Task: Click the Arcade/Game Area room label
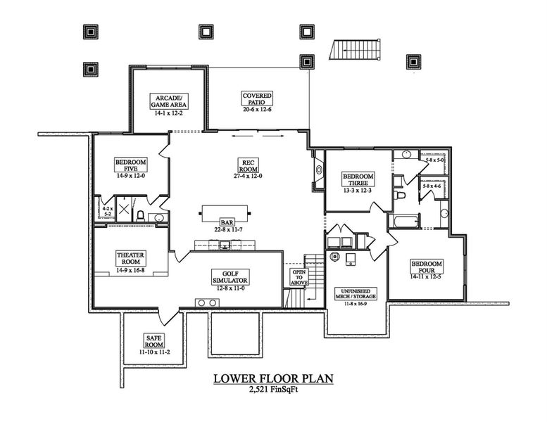click(x=168, y=101)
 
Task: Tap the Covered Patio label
click(x=257, y=99)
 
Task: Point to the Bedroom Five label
click(x=130, y=165)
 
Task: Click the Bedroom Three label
click(x=358, y=179)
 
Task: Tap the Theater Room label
click(x=130, y=258)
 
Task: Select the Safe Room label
click(x=153, y=340)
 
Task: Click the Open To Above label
click(x=298, y=276)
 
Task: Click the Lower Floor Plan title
click(x=273, y=378)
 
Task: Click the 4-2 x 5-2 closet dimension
click(x=107, y=210)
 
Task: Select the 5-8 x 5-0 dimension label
click(x=434, y=160)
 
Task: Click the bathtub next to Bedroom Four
click(x=406, y=222)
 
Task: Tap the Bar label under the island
click(x=226, y=222)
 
